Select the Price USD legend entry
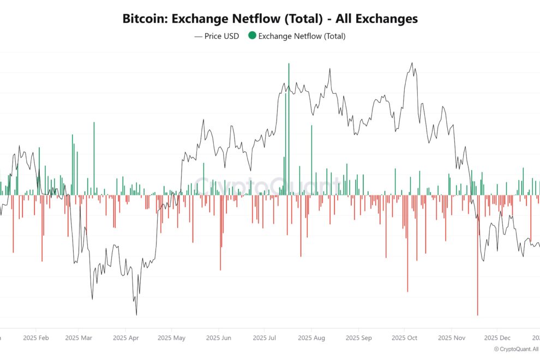[217, 37]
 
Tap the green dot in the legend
[251, 36]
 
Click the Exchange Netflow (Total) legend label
[301, 37]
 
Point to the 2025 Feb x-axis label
[36, 338]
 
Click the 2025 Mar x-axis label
[79, 338]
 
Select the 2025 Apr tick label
[125, 338]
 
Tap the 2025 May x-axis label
[171, 338]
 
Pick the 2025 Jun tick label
[218, 338]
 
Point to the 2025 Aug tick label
[311, 338]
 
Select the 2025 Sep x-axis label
[358, 338]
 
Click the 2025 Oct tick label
[405, 338]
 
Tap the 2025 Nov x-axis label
[452, 338]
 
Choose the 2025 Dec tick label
[497, 338]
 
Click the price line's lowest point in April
[136, 314]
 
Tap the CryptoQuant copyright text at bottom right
[516, 349]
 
